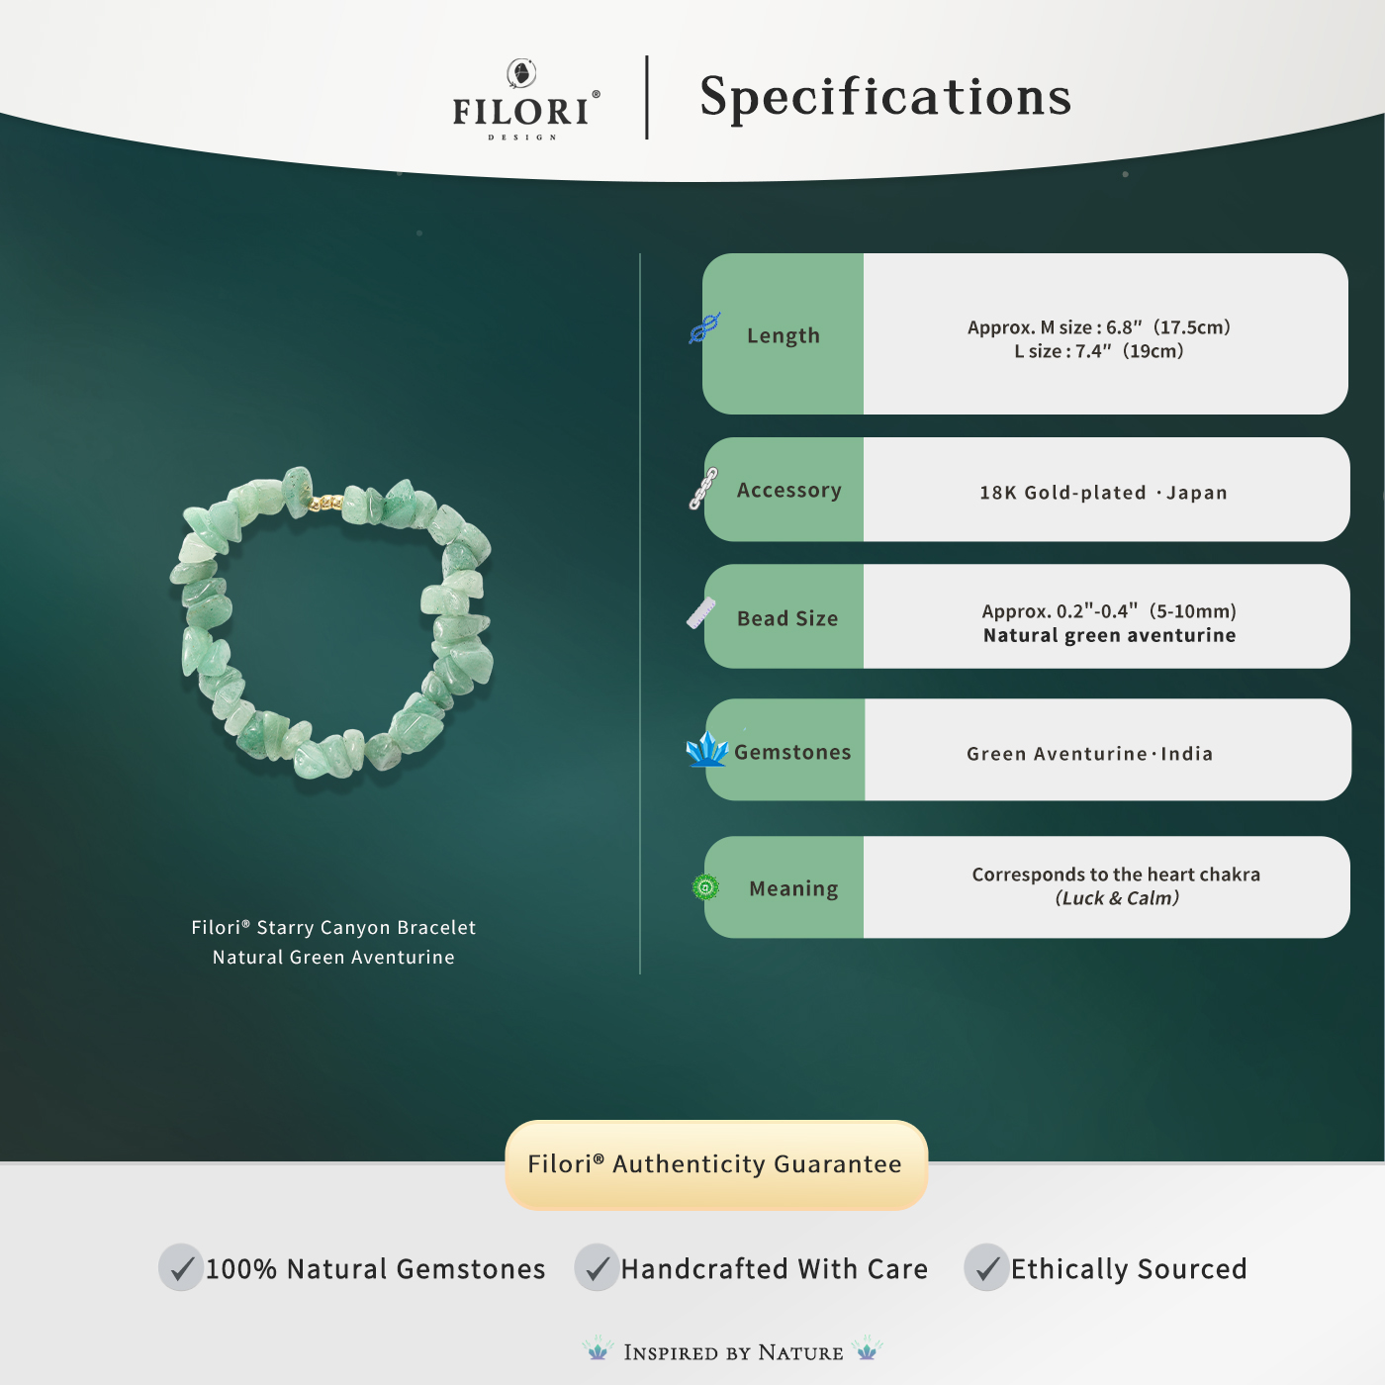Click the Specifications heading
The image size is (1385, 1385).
point(885,97)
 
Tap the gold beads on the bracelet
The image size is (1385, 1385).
point(325,504)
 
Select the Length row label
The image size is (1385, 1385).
point(784,335)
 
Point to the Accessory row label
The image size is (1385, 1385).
point(788,490)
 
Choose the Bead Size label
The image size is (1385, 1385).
point(787,618)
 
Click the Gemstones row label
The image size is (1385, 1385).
point(792,752)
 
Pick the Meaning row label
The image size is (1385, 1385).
point(793,888)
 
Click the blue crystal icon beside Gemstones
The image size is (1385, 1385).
point(706,750)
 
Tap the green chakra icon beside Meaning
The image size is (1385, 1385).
point(705,887)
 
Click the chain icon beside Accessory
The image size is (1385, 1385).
point(703,489)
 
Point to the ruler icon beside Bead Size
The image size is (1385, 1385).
point(701,614)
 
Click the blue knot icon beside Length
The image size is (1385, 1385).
point(704,327)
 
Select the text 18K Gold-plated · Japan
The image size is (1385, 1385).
point(1103,493)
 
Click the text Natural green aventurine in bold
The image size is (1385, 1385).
point(1109,635)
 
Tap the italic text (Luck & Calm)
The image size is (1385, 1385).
point(1117,898)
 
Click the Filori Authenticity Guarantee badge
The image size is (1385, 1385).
point(715,1164)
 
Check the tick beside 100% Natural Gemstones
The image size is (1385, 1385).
point(181,1267)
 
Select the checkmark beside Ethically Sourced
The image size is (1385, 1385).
point(986,1267)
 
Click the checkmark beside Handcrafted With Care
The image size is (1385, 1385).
point(597,1267)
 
